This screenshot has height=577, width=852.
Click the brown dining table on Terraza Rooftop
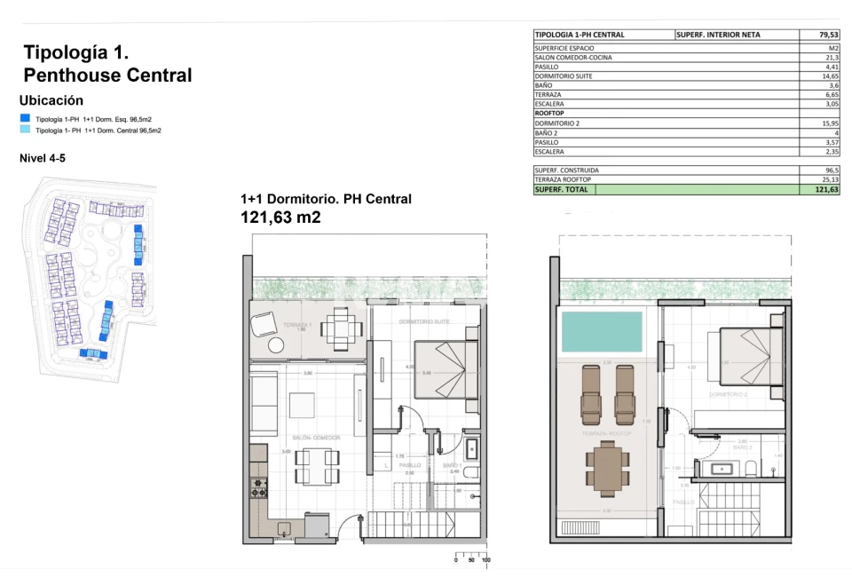[607, 467]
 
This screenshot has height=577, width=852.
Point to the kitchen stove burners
[258, 486]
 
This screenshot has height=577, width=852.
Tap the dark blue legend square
[25, 118]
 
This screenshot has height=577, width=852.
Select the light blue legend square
[25, 130]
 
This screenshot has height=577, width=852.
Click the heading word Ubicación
[51, 100]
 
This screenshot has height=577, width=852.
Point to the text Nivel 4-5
[42, 158]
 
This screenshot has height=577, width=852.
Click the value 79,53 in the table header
[828, 35]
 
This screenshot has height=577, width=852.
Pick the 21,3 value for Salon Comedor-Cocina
[832, 57]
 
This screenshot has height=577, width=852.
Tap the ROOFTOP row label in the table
[552, 113]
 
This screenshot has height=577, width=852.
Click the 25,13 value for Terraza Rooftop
[830, 179]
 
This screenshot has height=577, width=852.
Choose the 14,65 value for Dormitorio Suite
[830, 75]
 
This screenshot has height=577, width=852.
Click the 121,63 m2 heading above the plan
[280, 217]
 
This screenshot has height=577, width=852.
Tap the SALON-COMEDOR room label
[314, 438]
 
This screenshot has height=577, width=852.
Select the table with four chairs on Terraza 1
[341, 328]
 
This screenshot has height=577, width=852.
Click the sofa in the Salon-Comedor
[265, 404]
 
